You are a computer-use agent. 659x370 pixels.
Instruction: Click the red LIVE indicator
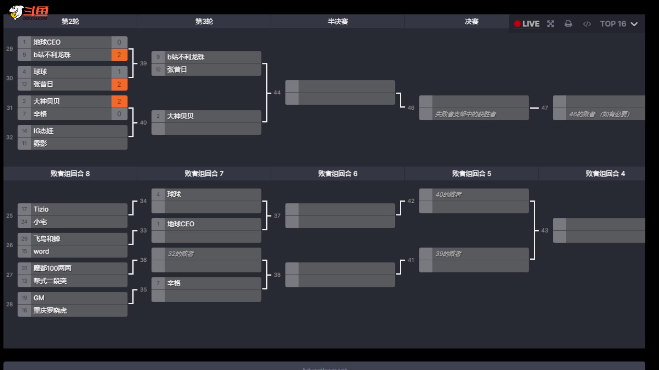click(x=527, y=24)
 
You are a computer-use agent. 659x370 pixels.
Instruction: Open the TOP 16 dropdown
click(x=618, y=24)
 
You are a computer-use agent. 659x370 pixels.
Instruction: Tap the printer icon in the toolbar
click(x=568, y=24)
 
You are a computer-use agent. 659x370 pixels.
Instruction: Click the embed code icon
click(x=587, y=24)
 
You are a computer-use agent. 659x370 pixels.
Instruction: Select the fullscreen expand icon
click(x=551, y=24)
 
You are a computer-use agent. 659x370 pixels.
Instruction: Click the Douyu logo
click(x=29, y=13)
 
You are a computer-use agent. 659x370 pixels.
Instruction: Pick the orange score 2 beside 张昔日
click(x=119, y=84)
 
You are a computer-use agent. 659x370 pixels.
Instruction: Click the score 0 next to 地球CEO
click(x=119, y=42)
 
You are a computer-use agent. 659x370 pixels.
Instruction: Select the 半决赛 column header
click(x=338, y=22)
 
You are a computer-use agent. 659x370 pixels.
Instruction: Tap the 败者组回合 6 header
click(x=338, y=174)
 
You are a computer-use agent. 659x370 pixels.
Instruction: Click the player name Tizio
click(x=41, y=209)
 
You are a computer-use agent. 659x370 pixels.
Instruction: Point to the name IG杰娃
click(x=44, y=131)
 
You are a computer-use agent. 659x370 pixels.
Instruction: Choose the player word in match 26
click(x=41, y=251)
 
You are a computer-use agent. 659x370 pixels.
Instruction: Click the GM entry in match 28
click(x=39, y=298)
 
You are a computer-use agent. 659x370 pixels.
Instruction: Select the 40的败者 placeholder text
click(x=448, y=195)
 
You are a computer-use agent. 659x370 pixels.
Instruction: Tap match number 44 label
click(x=277, y=92)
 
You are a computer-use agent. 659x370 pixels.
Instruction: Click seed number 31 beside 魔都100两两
click(x=24, y=268)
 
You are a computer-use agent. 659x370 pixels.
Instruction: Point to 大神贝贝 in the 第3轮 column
click(x=180, y=116)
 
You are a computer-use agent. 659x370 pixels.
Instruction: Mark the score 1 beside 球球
click(x=119, y=72)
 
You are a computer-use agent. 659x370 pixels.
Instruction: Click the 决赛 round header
click(x=472, y=22)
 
